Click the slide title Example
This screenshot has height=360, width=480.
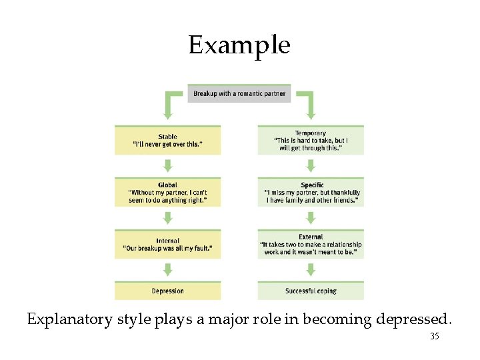click(239, 45)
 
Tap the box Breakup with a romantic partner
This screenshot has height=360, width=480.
click(239, 93)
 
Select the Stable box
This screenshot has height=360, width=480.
click(167, 140)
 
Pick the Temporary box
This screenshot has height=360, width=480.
click(311, 140)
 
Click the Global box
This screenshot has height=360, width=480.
click(167, 192)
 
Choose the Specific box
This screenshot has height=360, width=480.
click(311, 192)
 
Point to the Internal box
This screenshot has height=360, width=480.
click(167, 244)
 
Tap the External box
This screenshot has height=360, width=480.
click(311, 244)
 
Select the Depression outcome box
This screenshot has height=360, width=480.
click(167, 291)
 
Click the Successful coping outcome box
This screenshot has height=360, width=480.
click(311, 291)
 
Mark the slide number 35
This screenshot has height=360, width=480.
click(434, 337)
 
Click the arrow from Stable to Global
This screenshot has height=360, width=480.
click(167, 165)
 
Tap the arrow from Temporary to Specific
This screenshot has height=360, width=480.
click(311, 165)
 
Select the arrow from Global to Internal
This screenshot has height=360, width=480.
click(167, 217)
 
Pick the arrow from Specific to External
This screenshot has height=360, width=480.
click(311, 217)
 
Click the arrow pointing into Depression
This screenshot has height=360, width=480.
click(167, 269)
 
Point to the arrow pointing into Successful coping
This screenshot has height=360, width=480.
click(311, 269)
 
